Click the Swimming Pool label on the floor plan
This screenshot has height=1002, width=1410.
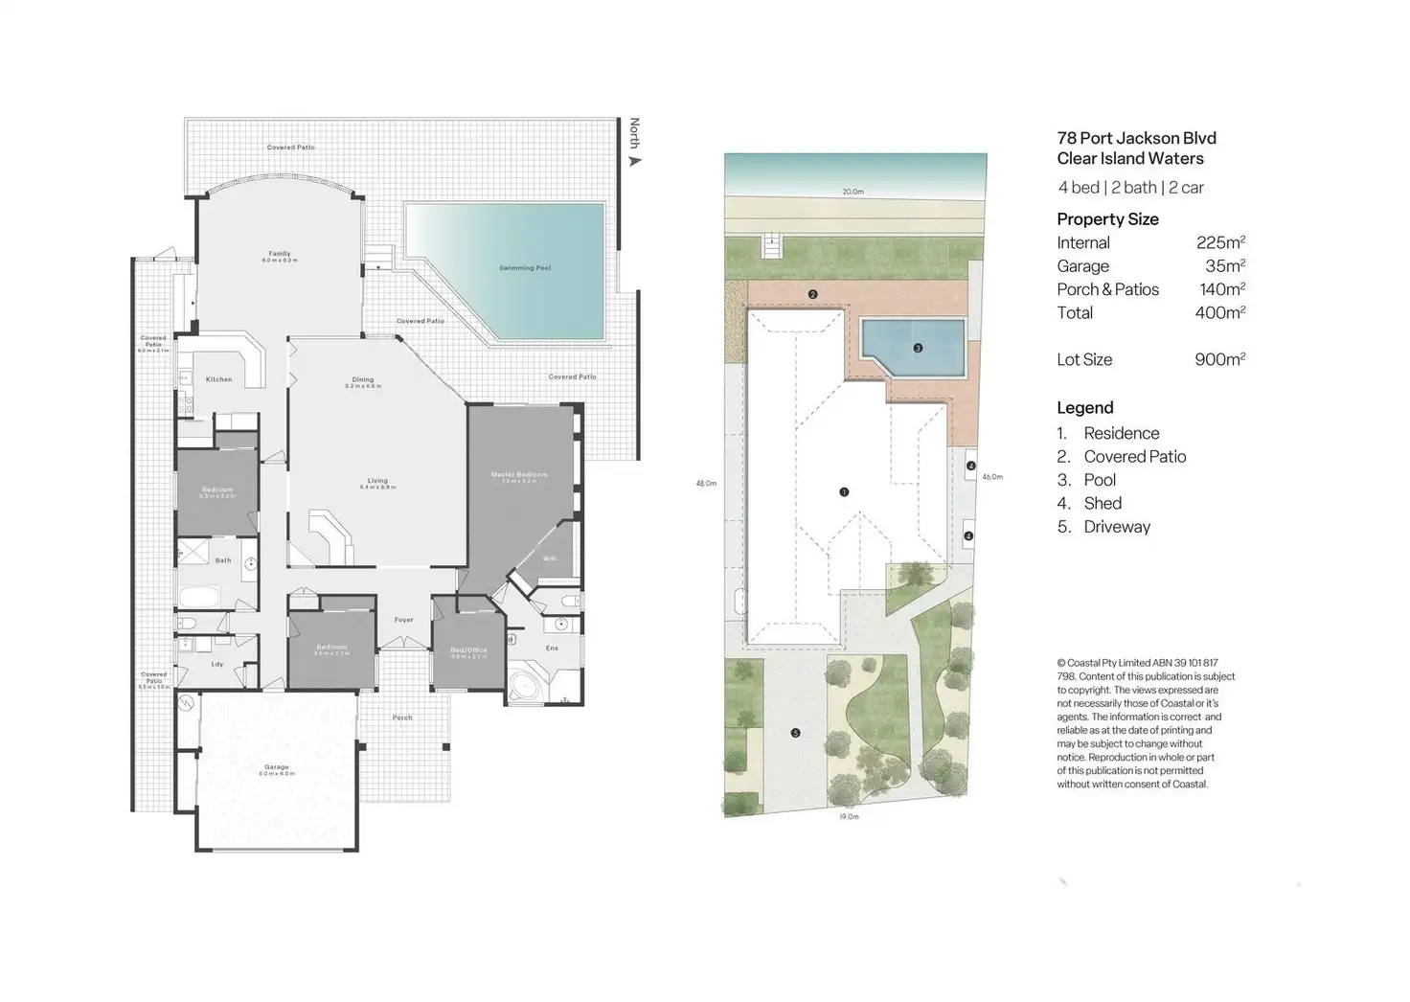coord(525,268)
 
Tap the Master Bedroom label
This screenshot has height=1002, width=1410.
coord(519,475)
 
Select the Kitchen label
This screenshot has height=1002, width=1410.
coord(218,379)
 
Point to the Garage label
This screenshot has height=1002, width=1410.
coord(277,767)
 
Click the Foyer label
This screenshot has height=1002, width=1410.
coord(404,620)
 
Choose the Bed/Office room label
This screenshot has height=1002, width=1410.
coord(468,650)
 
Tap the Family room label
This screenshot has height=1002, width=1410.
coord(279,254)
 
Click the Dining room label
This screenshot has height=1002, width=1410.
coord(362,379)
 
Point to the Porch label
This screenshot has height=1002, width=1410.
coord(402,717)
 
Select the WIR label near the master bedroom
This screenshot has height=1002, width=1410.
coord(549,558)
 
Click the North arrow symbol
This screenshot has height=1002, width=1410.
coord(634,161)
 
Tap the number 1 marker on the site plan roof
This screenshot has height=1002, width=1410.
coord(844,492)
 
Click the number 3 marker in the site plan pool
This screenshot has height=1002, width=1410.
coord(918,349)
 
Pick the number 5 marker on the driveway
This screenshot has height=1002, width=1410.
coord(795,734)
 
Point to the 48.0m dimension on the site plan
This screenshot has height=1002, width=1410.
coord(706,484)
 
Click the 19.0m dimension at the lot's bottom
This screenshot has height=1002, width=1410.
coord(849,817)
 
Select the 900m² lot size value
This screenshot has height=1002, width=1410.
coord(1219,359)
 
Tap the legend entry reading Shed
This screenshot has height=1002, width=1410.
coord(1103,503)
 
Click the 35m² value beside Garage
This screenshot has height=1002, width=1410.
coord(1225,266)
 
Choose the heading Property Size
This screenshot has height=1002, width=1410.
coord(1107,219)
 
